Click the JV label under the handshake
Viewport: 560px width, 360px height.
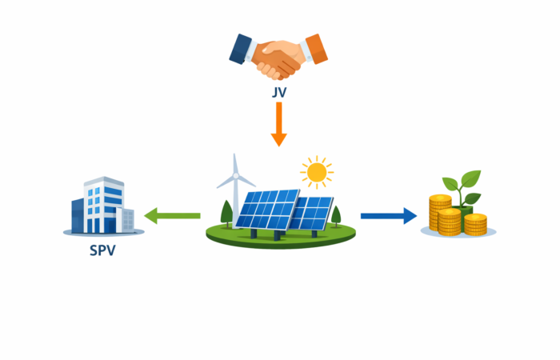(278, 93)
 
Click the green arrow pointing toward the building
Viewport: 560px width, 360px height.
(171, 214)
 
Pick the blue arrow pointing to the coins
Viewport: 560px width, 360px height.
(389, 214)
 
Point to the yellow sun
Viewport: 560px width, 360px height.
(317, 171)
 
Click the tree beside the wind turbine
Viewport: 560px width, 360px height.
(226, 212)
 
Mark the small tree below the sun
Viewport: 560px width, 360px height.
(336, 214)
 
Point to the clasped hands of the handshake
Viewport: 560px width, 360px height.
(278, 58)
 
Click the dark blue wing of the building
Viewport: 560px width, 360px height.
(78, 214)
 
